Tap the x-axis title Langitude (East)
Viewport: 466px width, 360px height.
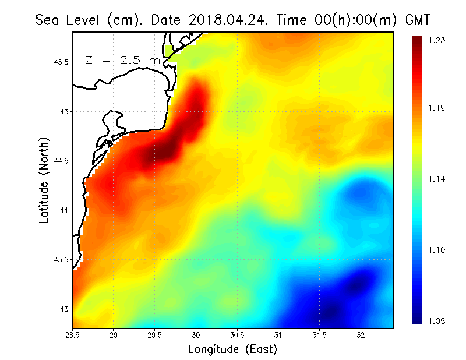point(232,350)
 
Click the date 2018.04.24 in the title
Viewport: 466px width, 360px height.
point(228,20)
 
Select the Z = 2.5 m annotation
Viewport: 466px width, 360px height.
point(122,60)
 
